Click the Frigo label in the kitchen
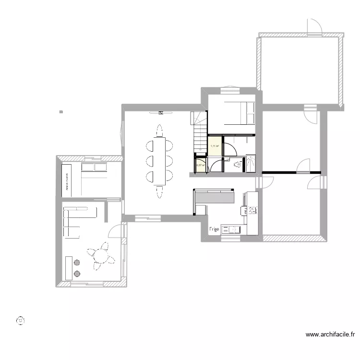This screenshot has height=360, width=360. [x=214, y=230]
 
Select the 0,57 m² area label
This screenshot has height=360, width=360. [x=200, y=166]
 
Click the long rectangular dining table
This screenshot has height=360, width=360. [x=159, y=161]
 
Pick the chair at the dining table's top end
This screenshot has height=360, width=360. [x=159, y=130]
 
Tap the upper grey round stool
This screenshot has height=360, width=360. [x=77, y=263]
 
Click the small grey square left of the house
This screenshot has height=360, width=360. [x=61, y=112]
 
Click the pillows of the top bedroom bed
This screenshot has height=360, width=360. [x=249, y=112]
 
